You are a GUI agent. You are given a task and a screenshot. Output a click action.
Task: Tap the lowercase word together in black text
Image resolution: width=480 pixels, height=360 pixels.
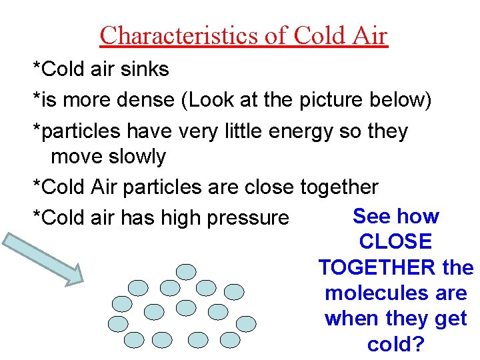click(x=339, y=188)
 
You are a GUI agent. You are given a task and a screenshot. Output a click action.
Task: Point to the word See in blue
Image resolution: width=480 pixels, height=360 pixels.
click(x=370, y=216)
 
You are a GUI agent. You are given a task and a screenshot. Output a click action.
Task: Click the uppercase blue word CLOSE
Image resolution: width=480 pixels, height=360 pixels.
click(x=395, y=242)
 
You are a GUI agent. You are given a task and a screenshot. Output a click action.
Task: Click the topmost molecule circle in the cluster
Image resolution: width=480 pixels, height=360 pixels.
click(x=187, y=271)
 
